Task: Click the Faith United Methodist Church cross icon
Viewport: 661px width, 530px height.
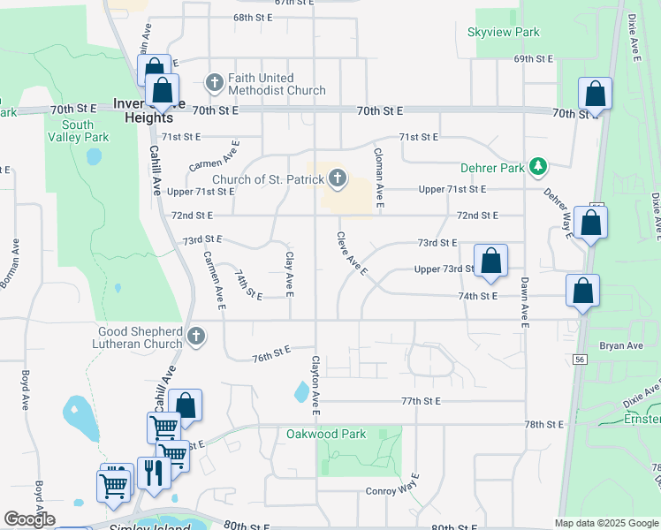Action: click(214, 83)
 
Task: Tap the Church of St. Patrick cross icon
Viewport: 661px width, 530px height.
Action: click(337, 179)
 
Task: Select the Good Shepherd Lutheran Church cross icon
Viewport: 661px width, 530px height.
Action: click(196, 337)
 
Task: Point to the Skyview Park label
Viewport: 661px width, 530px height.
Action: click(503, 33)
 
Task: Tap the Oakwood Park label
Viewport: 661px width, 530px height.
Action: click(326, 434)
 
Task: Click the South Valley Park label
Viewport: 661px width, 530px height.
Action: click(78, 131)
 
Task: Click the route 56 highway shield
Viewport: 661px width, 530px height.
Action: click(581, 360)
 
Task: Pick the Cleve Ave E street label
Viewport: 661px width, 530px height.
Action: click(351, 254)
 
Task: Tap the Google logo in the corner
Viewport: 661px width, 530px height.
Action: click(29, 519)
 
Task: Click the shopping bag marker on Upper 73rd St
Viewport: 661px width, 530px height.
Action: click(491, 261)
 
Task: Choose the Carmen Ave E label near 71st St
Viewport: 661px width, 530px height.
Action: click(215, 155)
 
